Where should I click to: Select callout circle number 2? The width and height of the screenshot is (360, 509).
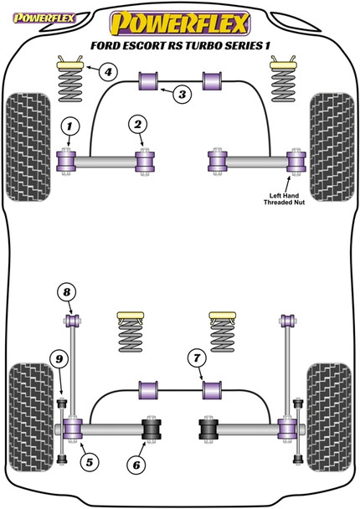click(x=135, y=126)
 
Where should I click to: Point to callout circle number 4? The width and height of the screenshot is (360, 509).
click(x=108, y=71)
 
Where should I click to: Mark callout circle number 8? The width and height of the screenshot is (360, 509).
click(x=66, y=293)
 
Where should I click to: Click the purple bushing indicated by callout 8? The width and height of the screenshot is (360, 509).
click(x=73, y=319)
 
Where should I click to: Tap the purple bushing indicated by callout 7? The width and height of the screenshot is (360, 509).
click(x=213, y=389)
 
